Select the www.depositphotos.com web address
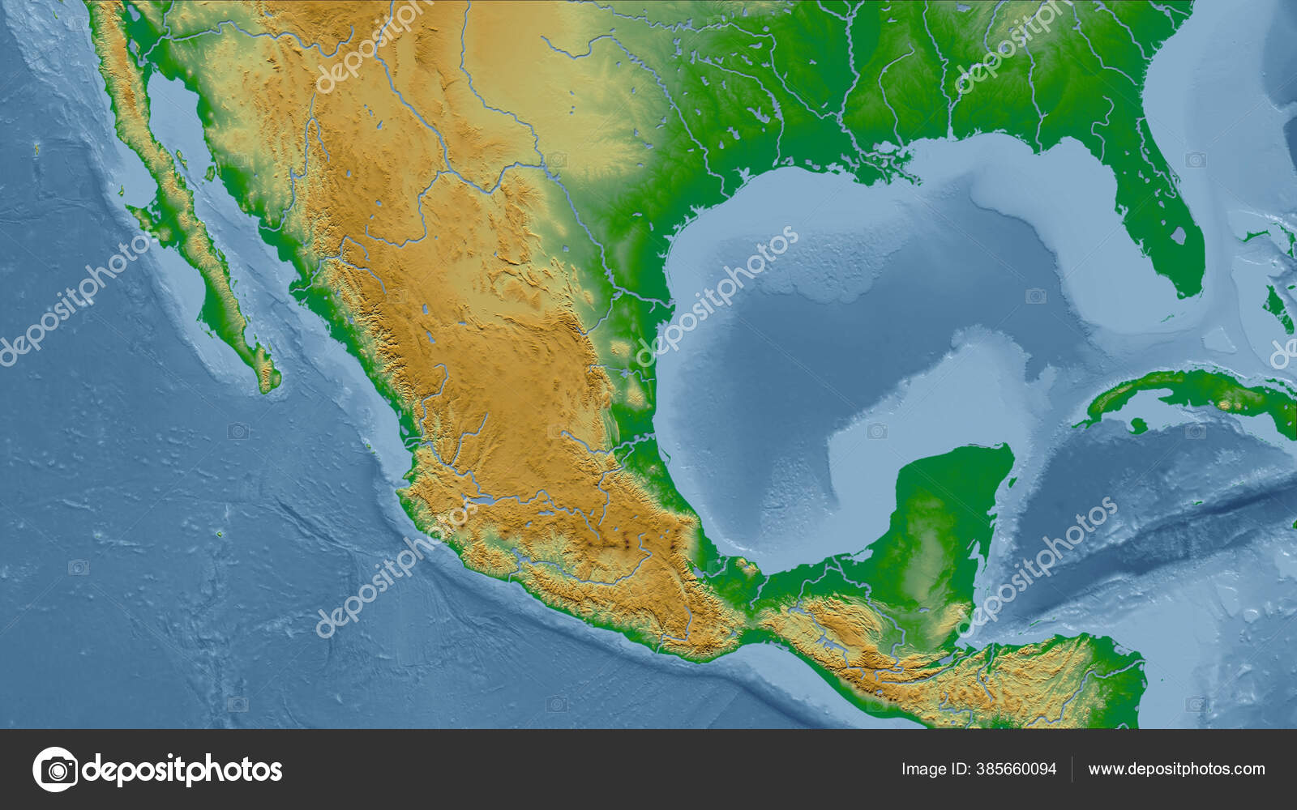coord(1176,769)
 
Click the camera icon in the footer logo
coord(55,769)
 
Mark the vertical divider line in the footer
coord(1072,769)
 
